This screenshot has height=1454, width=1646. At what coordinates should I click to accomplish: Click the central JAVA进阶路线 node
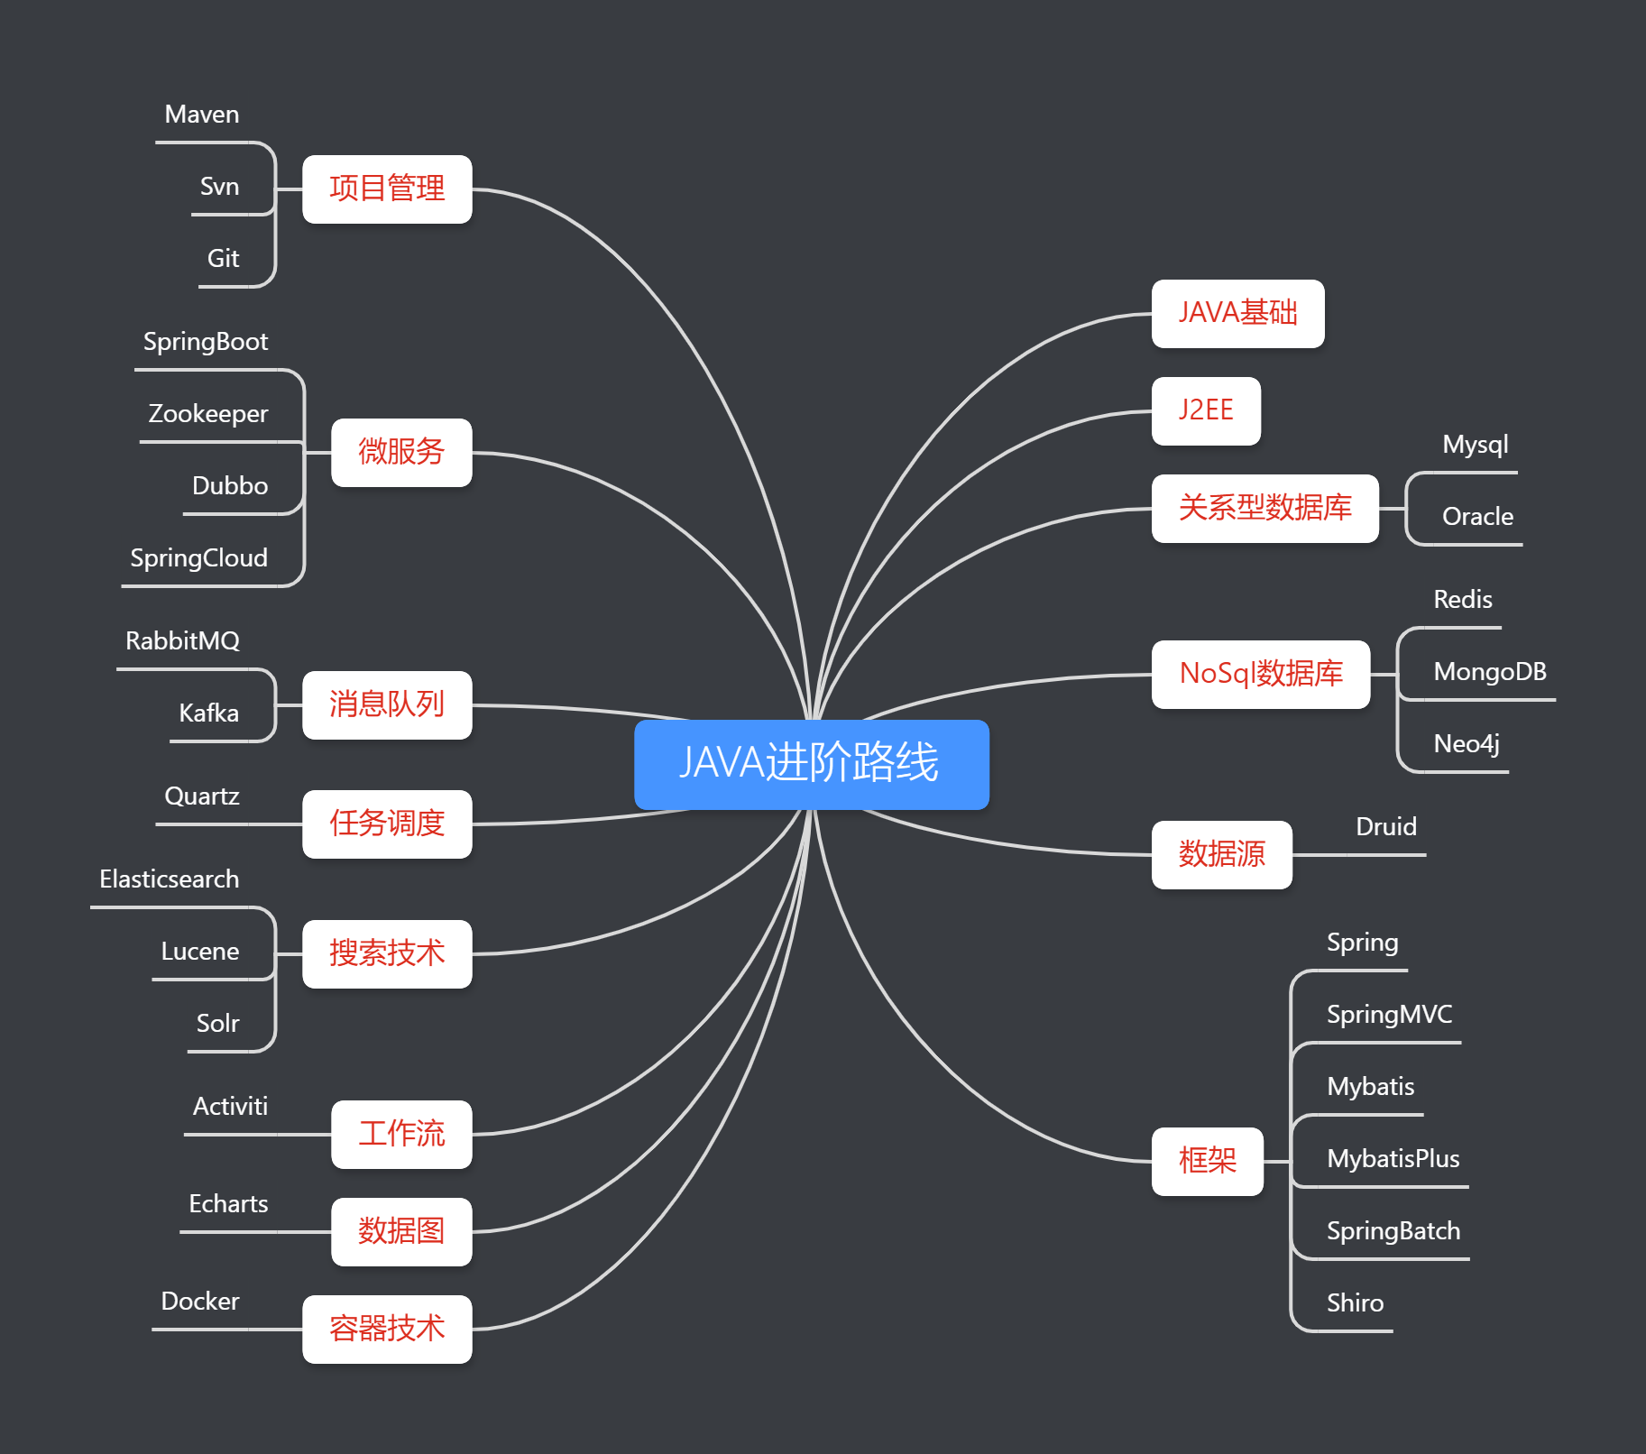click(812, 764)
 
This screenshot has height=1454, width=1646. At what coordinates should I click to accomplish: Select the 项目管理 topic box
click(387, 189)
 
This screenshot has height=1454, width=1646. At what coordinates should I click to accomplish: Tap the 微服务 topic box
click(401, 453)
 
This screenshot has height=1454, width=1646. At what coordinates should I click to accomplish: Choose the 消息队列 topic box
click(387, 705)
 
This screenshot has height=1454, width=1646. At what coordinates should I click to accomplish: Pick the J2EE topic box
click(1206, 411)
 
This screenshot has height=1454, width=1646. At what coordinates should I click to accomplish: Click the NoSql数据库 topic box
click(1261, 675)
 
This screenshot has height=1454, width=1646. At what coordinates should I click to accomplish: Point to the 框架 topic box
click(1208, 1162)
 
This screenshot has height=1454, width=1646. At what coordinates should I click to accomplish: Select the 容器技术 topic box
click(387, 1330)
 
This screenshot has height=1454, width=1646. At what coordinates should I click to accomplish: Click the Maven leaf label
click(202, 115)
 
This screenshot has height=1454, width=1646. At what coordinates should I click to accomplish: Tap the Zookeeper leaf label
click(208, 414)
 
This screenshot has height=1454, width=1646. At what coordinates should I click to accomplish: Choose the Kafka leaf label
click(209, 713)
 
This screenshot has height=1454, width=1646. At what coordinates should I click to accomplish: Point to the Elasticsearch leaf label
click(170, 879)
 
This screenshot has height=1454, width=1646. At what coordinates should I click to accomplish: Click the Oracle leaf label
click(1477, 517)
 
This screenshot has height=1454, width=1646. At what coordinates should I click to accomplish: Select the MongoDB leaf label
click(1490, 672)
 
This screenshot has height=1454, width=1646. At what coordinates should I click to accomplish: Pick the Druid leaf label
click(1386, 827)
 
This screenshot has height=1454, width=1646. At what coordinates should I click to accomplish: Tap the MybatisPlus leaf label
click(1393, 1159)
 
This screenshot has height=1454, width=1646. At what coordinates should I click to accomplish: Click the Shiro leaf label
click(1355, 1303)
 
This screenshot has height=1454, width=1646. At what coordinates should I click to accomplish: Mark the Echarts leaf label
click(228, 1204)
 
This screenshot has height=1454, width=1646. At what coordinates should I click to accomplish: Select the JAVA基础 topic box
click(1238, 314)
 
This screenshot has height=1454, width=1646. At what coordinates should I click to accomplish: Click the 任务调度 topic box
click(387, 824)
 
